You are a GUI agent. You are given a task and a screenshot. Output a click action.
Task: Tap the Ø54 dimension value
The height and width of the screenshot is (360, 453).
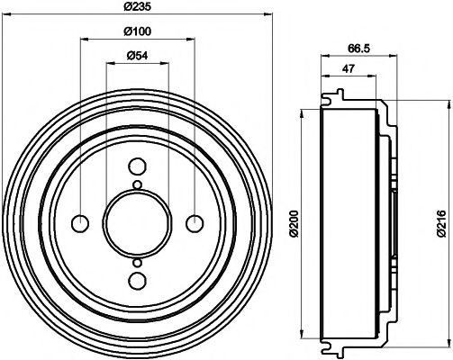136,57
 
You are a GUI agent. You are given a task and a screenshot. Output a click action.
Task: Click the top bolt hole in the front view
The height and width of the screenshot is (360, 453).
136,166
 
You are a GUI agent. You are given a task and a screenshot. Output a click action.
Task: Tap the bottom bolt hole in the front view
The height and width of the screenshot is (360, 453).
136,280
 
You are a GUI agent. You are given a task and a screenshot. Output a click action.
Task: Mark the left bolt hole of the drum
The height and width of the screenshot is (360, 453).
79,223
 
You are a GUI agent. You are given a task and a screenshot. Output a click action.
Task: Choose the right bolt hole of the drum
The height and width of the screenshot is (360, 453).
193,223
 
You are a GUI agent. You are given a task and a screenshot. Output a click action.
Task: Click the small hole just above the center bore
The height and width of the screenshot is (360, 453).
136,185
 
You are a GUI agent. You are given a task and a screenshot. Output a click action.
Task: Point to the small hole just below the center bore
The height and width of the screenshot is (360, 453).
136,261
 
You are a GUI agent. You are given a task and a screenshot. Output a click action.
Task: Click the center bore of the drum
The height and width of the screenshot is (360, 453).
136,223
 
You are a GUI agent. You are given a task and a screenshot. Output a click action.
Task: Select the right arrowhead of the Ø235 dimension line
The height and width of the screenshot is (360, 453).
265,13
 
